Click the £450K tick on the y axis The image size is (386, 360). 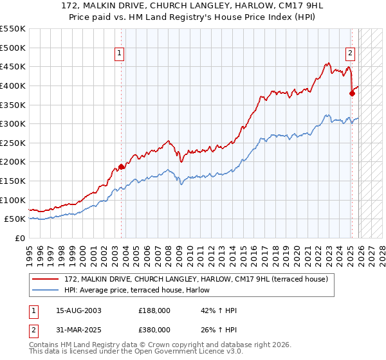click(x=13, y=66)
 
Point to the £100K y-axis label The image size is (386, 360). click(x=13, y=200)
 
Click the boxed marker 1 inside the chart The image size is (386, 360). click(x=120, y=54)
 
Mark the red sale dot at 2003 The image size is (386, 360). click(x=121, y=166)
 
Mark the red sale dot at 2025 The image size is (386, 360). click(x=352, y=93)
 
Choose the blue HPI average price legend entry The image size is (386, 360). click(x=142, y=291)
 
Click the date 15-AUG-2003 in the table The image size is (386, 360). click(x=78, y=310)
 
